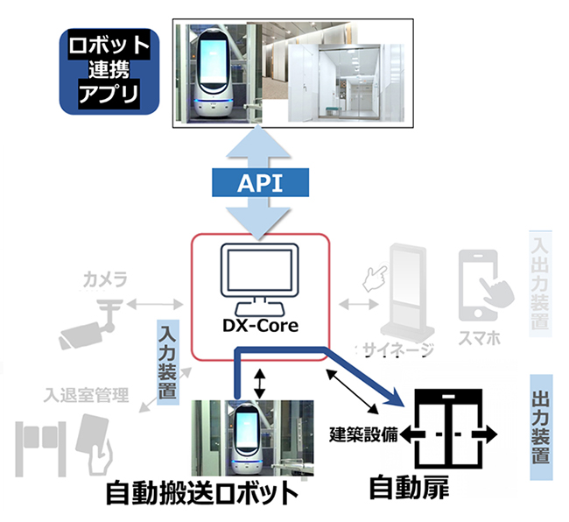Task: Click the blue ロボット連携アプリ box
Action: pyautogui.click(x=109, y=69)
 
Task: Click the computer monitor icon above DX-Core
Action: pyautogui.click(x=259, y=278)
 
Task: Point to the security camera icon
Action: pyautogui.click(x=87, y=323)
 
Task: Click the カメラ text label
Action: pyautogui.click(x=105, y=279)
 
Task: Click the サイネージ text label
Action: pyautogui.click(x=399, y=351)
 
